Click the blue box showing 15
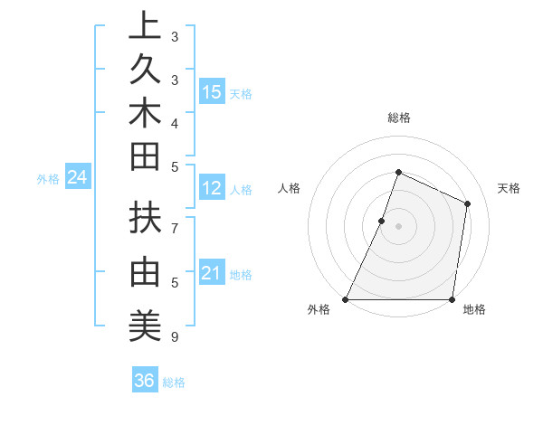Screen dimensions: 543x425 click(x=212, y=91)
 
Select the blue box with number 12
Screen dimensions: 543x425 click(x=212, y=188)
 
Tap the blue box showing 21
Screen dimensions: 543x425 click(x=212, y=272)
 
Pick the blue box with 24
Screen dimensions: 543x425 click(x=77, y=177)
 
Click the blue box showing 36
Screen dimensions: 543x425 click(x=145, y=381)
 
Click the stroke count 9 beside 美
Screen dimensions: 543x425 click(x=174, y=337)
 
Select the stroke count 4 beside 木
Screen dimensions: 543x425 click(x=174, y=122)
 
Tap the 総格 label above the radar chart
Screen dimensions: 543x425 click(x=399, y=118)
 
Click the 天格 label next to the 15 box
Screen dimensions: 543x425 click(x=241, y=93)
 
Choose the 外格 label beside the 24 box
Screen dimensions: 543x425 click(x=48, y=179)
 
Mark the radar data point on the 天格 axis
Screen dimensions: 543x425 click(x=468, y=203)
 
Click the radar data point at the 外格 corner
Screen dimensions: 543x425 click(x=346, y=298)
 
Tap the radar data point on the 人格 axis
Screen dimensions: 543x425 click(x=382, y=221)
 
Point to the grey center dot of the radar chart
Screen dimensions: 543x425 click(x=398, y=226)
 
